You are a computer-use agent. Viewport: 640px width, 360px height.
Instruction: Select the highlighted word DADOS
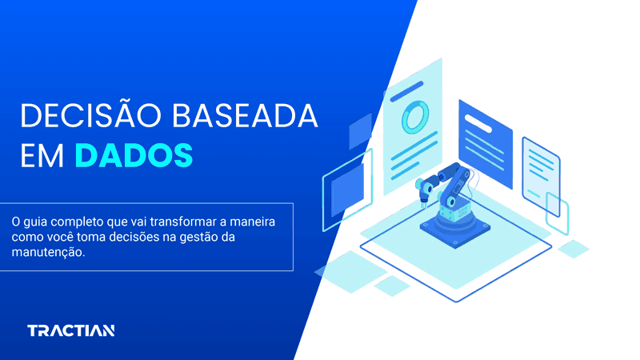[x=134, y=154]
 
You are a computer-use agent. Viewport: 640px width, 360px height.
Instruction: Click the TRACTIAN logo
[x=70, y=330]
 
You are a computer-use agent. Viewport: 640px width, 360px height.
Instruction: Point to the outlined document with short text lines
[x=540, y=170]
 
